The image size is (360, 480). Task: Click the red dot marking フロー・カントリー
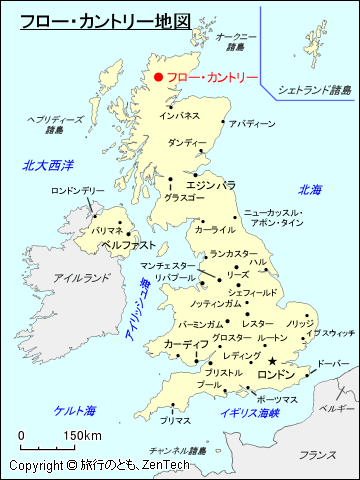pyautogui.click(x=158, y=76)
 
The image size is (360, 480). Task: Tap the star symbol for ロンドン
pyautogui.click(x=272, y=360)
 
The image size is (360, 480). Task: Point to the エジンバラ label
pyautogui.click(x=211, y=185)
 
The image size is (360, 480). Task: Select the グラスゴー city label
pyautogui.click(x=185, y=198)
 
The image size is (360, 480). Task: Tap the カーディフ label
pyautogui.click(x=186, y=343)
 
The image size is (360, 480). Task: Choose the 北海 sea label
pyautogui.click(x=310, y=189)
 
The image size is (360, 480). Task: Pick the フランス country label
pyautogui.click(x=317, y=455)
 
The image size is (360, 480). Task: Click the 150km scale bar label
pyautogui.click(x=83, y=436)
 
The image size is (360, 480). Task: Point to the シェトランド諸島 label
pyautogui.click(x=314, y=89)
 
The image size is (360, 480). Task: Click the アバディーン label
pyautogui.click(x=251, y=124)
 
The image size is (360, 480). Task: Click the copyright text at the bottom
pyautogui.click(x=99, y=467)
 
